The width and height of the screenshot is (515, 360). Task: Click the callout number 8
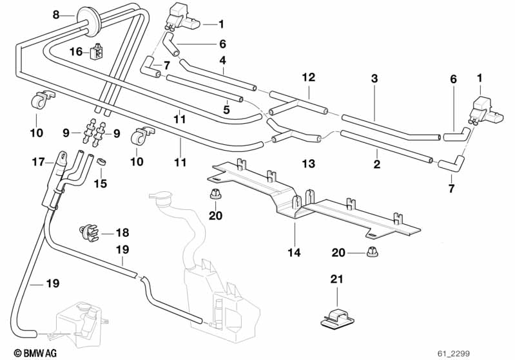tap(55, 14)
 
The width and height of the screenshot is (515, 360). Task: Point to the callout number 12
tap(309, 77)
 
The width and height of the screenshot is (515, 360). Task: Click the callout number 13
tap(308, 164)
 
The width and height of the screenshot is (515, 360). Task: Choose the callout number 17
tap(38, 164)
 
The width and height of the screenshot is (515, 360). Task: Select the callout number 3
tap(374, 79)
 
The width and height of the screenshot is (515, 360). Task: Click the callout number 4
tap(222, 61)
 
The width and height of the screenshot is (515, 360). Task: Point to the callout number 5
tap(226, 109)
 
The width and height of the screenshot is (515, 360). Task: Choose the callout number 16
tap(76, 52)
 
